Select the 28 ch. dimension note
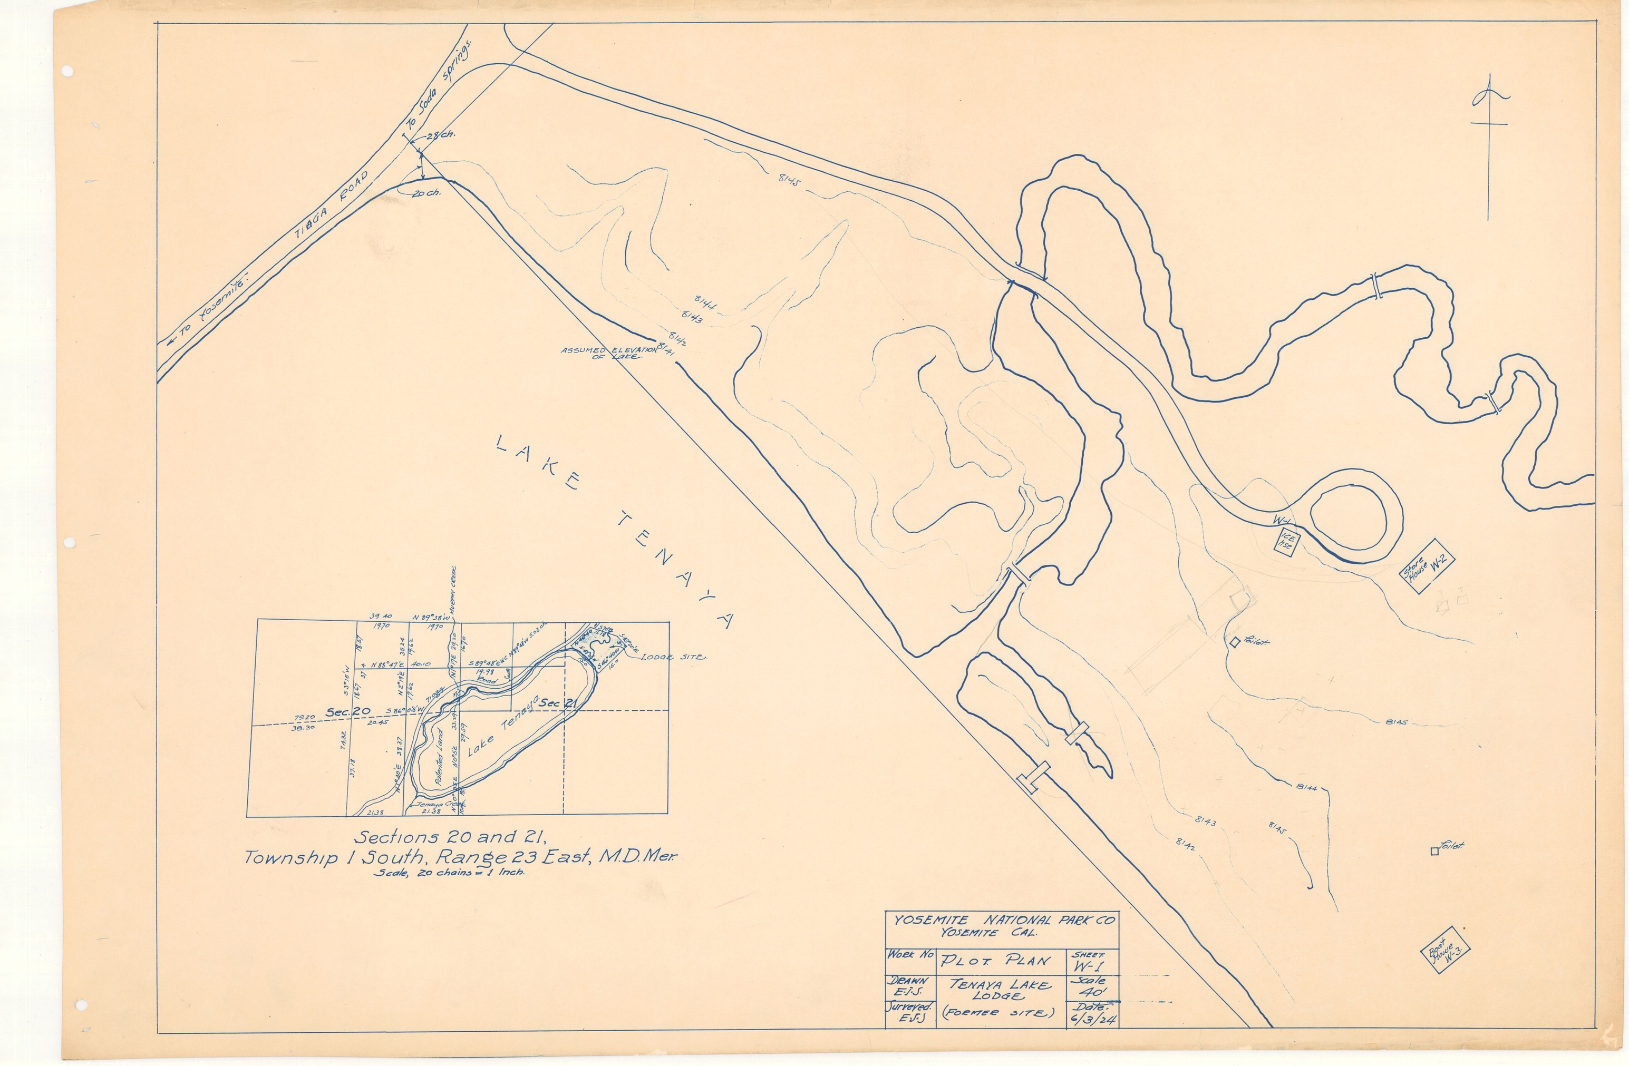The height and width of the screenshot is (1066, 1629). click(440, 135)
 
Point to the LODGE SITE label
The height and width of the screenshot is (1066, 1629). click(673, 657)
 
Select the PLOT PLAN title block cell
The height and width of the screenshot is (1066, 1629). click(1000, 960)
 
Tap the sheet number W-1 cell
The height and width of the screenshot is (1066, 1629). click(1092, 965)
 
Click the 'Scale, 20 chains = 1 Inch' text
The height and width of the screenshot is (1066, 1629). click(450, 873)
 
